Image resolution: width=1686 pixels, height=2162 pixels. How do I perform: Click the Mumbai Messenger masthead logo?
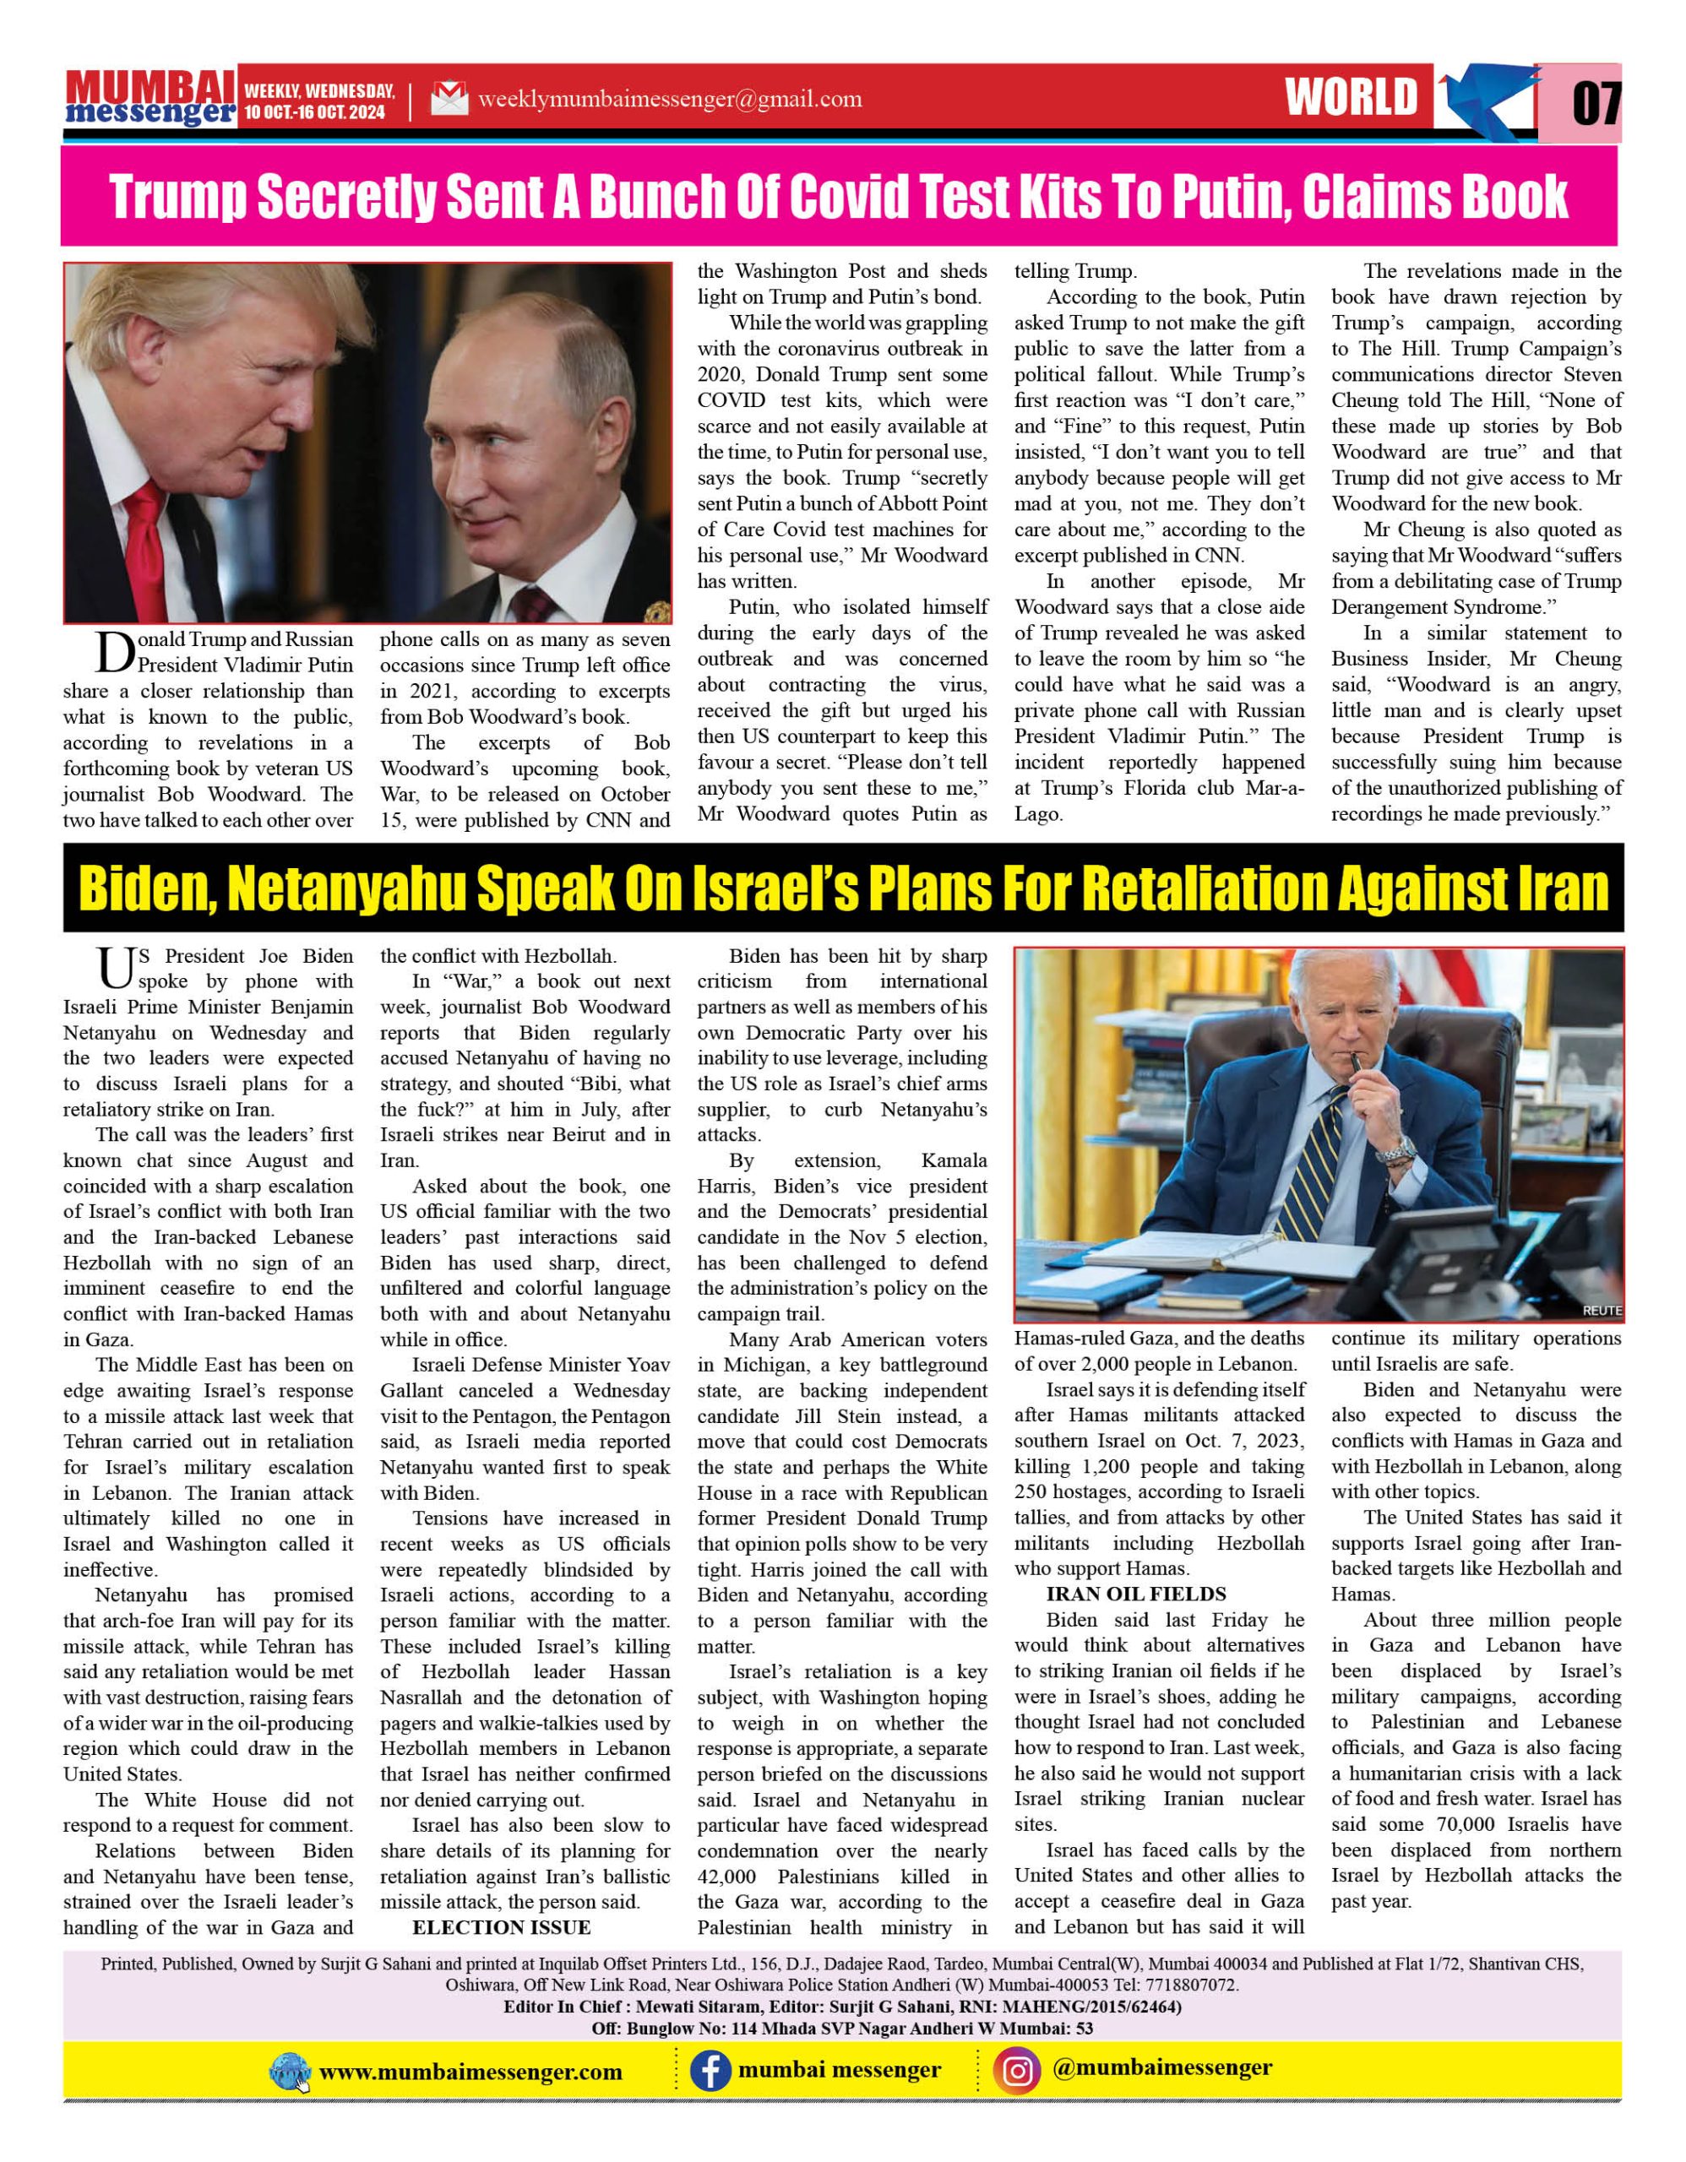[x=150, y=98]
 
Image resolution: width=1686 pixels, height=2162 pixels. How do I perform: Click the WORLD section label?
[x=1352, y=98]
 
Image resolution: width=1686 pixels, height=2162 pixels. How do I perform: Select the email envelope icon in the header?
[x=449, y=98]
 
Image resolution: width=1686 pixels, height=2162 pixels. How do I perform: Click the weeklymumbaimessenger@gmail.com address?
[x=669, y=99]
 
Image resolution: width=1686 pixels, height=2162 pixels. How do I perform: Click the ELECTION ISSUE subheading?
[x=501, y=1926]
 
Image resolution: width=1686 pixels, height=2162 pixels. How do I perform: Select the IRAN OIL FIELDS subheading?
[x=1135, y=1594]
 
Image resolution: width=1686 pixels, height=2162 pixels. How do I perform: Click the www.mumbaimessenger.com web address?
[x=470, y=2072]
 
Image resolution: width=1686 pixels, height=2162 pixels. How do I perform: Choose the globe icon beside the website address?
[x=290, y=2072]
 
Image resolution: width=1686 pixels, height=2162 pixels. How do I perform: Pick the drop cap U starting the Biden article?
[x=115, y=970]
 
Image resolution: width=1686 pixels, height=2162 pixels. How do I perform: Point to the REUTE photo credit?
[x=1601, y=1310]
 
